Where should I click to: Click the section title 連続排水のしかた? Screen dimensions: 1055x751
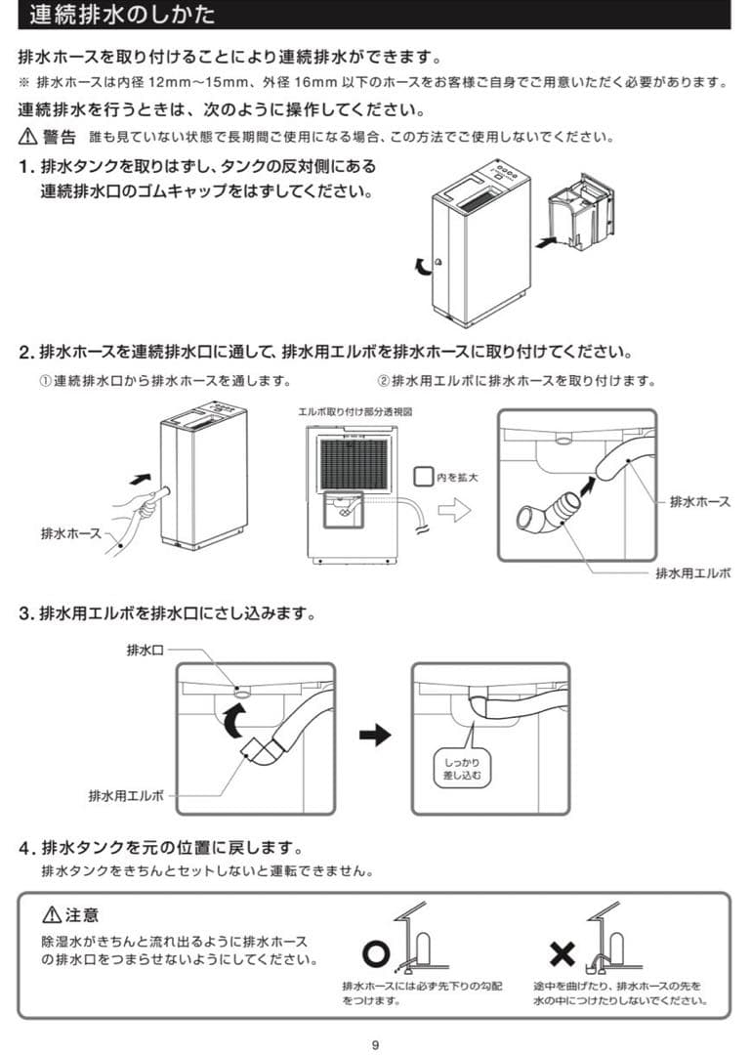(122, 15)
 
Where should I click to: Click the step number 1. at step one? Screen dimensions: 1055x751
(27, 167)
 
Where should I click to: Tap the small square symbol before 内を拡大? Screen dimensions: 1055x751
(422, 477)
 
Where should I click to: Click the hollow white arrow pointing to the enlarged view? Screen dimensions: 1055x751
(454, 509)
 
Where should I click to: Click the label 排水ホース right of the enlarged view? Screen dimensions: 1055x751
(699, 501)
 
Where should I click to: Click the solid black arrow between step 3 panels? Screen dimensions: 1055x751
(374, 737)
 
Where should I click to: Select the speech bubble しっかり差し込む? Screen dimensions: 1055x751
(462, 768)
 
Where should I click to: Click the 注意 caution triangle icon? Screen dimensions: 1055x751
(52, 915)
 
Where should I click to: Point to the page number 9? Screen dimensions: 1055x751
(375, 1045)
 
